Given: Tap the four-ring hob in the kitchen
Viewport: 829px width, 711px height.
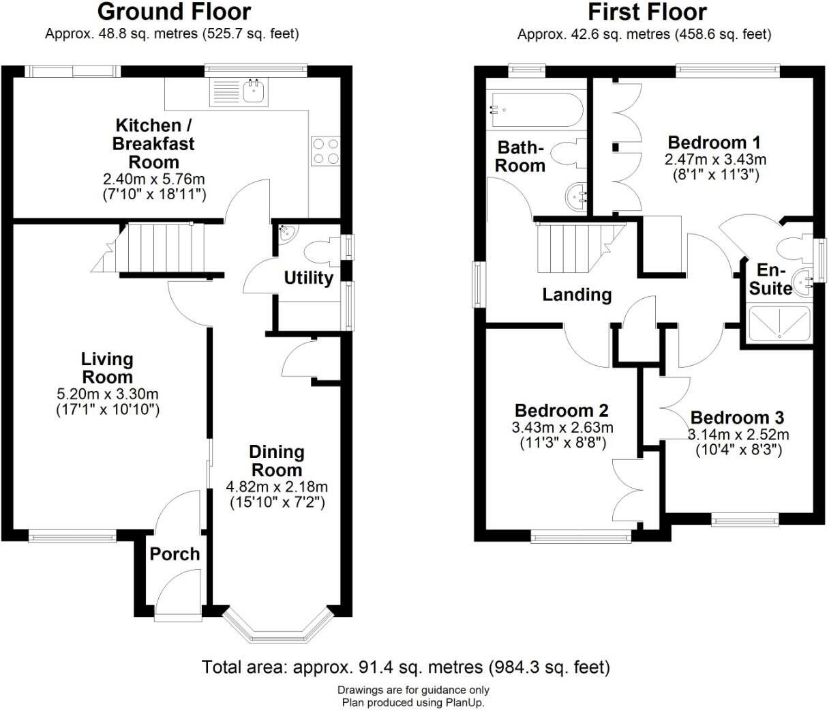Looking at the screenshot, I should (325, 151).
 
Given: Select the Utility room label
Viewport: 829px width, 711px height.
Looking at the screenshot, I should (308, 278).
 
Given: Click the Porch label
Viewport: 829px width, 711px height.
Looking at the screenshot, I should (175, 554).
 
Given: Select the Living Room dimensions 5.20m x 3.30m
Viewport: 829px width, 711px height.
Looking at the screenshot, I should (107, 394).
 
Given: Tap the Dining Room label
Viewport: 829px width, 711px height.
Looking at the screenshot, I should (276, 461).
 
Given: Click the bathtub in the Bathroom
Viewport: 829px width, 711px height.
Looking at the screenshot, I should (534, 110).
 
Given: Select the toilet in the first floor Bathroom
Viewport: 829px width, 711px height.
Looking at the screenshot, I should (567, 154).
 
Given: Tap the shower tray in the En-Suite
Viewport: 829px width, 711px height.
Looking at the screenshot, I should (779, 323).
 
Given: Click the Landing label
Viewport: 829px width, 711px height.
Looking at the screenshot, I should (577, 295).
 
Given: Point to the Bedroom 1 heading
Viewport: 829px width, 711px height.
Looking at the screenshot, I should (714, 143).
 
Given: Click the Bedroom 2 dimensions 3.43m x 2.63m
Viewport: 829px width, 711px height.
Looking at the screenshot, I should (562, 428).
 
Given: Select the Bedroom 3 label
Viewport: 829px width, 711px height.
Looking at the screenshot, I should (737, 418).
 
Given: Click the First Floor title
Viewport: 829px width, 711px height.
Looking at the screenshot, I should (647, 12).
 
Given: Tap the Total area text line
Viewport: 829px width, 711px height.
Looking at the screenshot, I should (406, 667).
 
